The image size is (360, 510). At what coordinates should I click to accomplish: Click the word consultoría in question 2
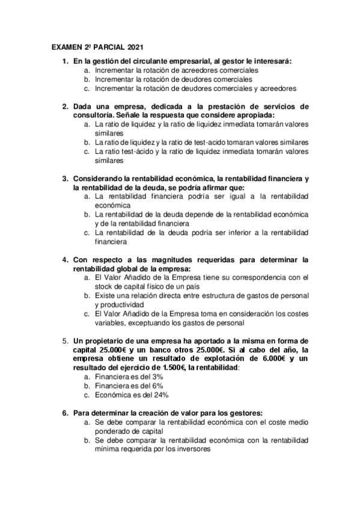click(x=94, y=114)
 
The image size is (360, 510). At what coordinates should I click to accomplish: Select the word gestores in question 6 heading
click(x=244, y=413)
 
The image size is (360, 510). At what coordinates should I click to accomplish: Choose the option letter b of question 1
click(x=87, y=79)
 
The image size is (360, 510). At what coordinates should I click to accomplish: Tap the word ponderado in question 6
click(x=117, y=431)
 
